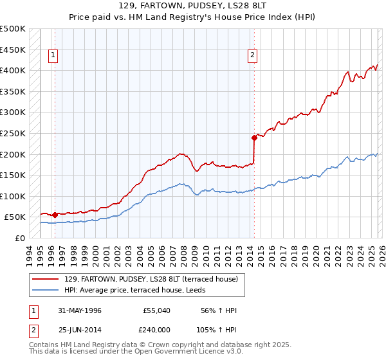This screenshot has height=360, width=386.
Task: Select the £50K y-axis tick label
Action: coord(15,217)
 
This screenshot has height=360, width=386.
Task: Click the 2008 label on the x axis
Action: coord(183,254)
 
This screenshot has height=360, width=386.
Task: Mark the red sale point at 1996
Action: coord(55,215)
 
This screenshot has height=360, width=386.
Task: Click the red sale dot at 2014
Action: coord(254,137)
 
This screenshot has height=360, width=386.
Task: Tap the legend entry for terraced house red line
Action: coord(151,278)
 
